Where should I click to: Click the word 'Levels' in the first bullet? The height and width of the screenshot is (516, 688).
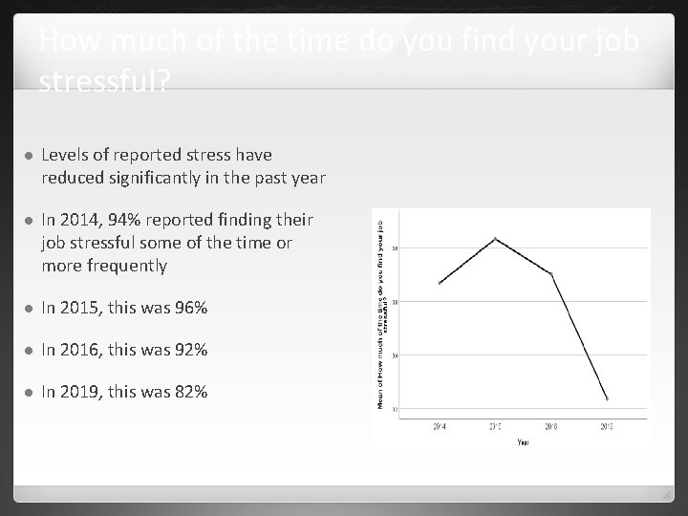click(65, 155)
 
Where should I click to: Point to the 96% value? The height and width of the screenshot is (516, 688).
click(188, 309)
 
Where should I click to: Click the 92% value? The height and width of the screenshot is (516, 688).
click(188, 351)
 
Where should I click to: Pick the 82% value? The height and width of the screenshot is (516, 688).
click(188, 393)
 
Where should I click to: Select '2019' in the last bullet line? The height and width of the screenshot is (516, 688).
click(77, 393)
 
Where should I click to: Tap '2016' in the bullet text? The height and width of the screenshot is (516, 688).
click(77, 351)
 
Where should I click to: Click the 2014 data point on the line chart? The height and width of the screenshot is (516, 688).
click(440, 283)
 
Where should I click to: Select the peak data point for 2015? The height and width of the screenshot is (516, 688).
click(495, 238)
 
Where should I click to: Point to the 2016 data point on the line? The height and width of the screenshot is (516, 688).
click(551, 274)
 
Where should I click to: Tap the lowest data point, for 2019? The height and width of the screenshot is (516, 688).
click(607, 398)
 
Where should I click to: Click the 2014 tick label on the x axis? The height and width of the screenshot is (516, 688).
click(440, 426)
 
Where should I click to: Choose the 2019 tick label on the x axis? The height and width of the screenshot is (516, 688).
click(607, 426)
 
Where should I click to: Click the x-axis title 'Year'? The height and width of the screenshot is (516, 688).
click(523, 442)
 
